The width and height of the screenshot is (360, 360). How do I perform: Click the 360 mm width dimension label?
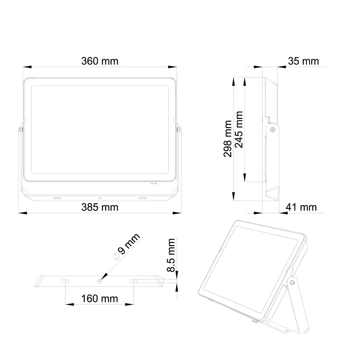(99, 61)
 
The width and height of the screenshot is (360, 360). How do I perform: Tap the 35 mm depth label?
(303, 61)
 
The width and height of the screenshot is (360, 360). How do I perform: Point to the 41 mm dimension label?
(301, 207)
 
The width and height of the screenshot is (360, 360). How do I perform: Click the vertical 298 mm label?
(228, 139)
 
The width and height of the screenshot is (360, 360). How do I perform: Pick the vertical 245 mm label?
(239, 130)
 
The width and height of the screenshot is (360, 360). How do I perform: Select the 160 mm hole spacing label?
(99, 298)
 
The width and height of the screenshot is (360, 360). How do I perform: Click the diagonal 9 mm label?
(129, 245)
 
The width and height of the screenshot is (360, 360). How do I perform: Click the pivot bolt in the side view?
(272, 130)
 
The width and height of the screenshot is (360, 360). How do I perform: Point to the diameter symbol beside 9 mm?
(115, 256)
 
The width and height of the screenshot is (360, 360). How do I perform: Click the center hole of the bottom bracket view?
(99, 281)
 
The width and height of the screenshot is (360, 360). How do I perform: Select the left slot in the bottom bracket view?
(65, 281)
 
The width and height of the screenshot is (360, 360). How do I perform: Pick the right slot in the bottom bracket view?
(134, 281)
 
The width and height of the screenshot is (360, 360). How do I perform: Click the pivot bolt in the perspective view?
(292, 282)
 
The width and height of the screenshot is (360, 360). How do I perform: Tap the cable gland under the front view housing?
(154, 183)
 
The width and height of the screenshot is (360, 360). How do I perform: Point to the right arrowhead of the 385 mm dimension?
(178, 213)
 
